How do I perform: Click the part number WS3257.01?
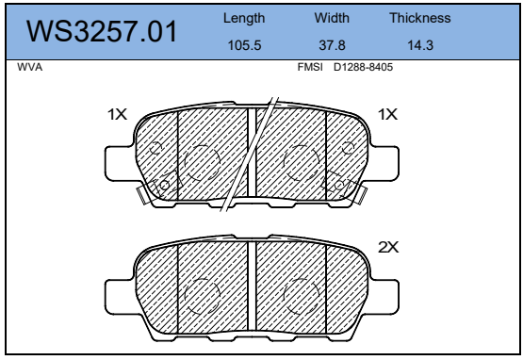(x=102, y=32)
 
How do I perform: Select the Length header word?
(x=244, y=18)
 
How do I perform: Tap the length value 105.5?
(x=244, y=45)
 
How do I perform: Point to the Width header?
(x=332, y=18)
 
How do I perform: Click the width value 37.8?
(x=332, y=45)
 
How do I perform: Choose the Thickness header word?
(x=420, y=18)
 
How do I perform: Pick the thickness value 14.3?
(x=420, y=45)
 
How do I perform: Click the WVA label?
(x=30, y=67)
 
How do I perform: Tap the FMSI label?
(x=310, y=67)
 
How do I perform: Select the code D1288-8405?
(x=363, y=67)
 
